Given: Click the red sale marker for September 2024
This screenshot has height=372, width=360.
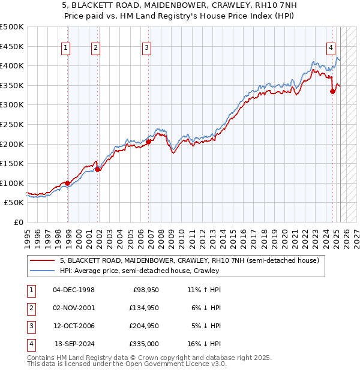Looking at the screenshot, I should coord(333,91).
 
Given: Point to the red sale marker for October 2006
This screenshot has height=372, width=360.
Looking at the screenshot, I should coord(148,142).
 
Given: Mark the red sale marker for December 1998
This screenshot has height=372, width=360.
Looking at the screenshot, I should coord(68,184).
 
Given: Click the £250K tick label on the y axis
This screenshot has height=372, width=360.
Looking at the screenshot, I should coord(12,124).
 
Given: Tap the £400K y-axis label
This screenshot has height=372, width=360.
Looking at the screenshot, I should coord(12,65).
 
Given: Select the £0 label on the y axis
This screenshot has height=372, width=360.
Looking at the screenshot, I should coord(18,222).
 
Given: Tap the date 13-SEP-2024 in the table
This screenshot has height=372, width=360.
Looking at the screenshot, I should coord(74,344).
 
